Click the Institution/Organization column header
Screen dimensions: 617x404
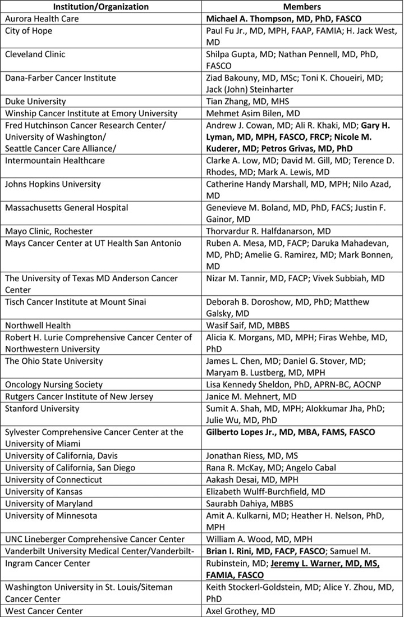101,7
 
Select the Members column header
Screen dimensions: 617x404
302,7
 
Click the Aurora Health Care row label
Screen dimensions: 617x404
42,19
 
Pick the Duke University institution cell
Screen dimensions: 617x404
35,101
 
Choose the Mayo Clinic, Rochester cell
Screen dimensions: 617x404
49,231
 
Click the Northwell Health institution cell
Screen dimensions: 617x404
38,325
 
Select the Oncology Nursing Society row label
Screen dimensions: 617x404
54,385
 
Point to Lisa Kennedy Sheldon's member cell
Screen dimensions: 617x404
292,385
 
